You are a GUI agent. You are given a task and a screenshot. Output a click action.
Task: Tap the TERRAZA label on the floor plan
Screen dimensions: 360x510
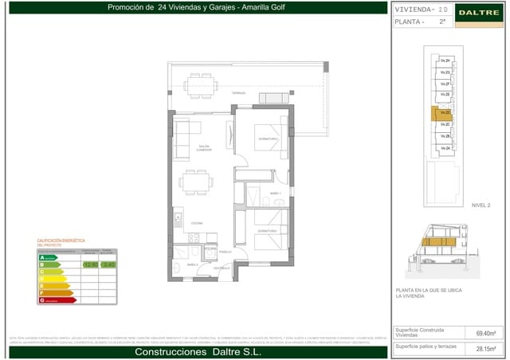(x=238, y=93)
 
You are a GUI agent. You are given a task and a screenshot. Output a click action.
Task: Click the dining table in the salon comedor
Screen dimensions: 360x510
(x=194, y=182)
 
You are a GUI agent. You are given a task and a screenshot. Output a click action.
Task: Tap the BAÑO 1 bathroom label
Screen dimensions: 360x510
(x=275, y=194)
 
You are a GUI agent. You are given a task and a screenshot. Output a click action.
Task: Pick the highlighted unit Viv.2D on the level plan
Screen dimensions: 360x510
(x=445, y=113)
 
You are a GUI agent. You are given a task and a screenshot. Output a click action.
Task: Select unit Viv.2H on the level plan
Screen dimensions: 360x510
(x=445, y=61)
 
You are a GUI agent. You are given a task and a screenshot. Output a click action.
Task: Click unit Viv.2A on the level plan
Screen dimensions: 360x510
(x=445, y=148)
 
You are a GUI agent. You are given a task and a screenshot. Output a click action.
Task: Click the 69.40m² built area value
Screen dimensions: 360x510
(x=485, y=333)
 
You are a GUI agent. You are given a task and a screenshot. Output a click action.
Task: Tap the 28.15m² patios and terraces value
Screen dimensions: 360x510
(x=485, y=348)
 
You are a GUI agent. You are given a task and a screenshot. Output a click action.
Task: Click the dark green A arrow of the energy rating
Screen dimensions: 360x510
(x=47, y=257)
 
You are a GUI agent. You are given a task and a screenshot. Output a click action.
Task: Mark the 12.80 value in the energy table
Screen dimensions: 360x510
(x=90, y=264)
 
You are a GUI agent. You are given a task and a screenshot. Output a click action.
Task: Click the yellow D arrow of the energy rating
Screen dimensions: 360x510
(x=53, y=279)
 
